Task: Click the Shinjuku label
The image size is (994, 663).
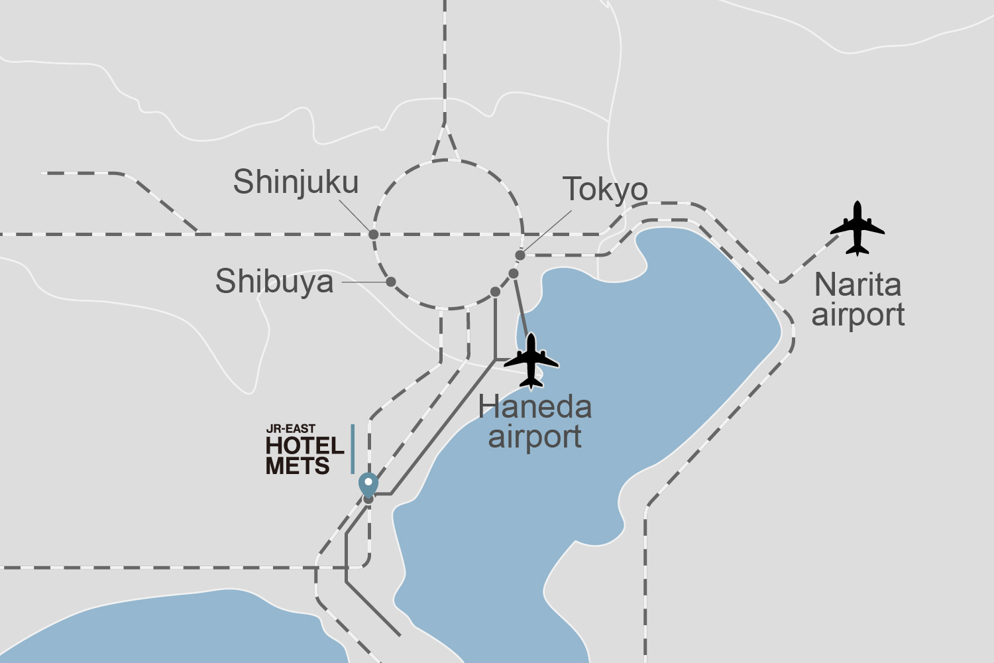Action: pos(296,182)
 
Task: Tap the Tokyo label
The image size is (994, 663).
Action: pos(605,190)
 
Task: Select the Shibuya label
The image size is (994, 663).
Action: pos(274,281)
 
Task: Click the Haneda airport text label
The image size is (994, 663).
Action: pos(535,422)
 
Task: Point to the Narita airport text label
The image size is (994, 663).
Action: pos(858,300)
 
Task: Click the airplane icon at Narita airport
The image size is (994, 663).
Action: pos(857,229)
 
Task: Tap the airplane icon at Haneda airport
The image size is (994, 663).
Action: pos(531,361)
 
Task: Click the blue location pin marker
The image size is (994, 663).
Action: pos(368,484)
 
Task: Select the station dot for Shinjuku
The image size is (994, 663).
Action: pos(374,234)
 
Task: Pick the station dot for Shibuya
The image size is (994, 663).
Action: pos(391,282)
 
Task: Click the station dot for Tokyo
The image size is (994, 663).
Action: pos(520,255)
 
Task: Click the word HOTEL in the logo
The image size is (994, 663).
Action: pos(305,446)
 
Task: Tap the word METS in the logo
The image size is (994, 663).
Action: pos(298,466)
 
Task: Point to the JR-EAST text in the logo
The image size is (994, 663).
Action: pos(290,429)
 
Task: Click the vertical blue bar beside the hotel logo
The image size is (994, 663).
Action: pos(353,449)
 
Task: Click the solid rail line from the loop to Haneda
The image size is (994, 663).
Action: pos(521,305)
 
